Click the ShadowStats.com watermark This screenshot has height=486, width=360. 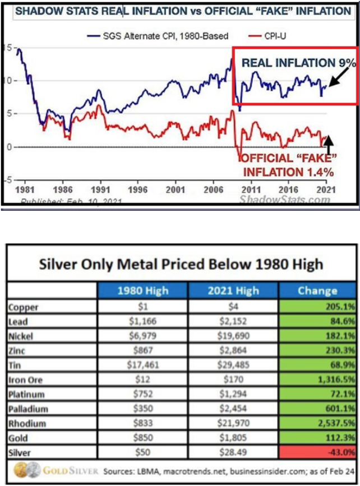(283, 200)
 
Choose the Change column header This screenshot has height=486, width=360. (317, 290)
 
